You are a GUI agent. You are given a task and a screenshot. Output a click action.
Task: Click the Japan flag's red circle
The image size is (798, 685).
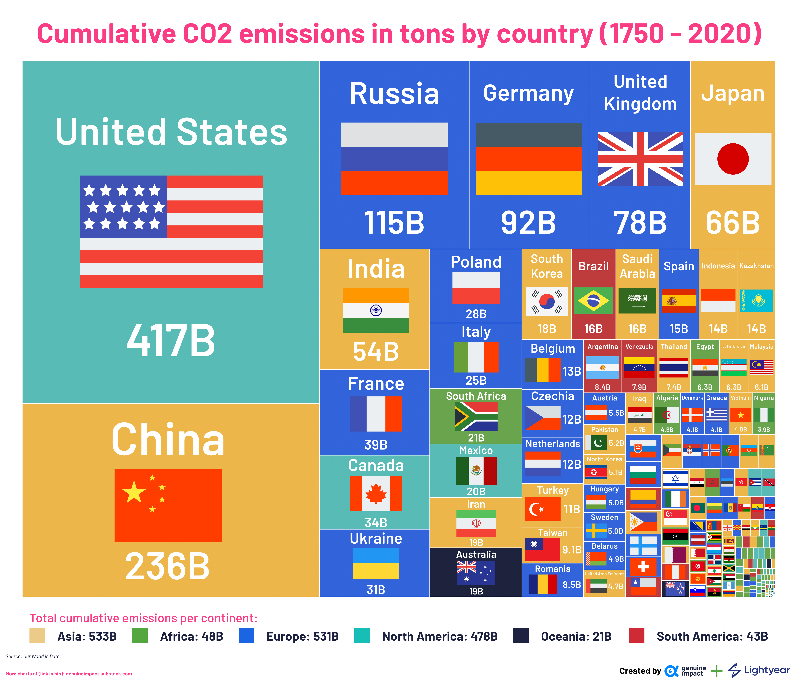point(733,159)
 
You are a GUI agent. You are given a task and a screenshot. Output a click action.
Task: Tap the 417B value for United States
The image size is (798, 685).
point(171,340)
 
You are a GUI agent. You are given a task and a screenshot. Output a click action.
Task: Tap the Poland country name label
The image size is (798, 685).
point(476,262)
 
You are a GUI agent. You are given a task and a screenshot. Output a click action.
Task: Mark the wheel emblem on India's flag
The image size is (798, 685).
point(376,310)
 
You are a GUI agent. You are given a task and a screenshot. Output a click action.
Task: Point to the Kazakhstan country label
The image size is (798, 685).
point(756,266)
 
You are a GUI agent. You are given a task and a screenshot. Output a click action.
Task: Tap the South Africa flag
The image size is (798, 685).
point(476,417)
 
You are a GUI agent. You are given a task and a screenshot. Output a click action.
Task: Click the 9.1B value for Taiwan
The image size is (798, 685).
point(572,550)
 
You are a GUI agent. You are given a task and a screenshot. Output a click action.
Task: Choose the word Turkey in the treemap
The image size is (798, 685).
point(553,490)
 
